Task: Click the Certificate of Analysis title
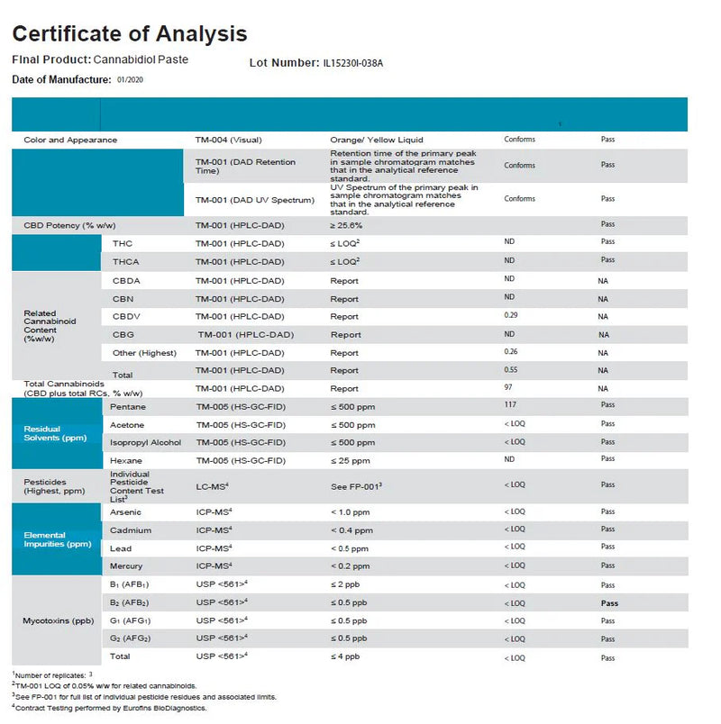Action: click(x=129, y=34)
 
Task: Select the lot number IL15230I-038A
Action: click(x=358, y=64)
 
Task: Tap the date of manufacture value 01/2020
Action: click(x=130, y=80)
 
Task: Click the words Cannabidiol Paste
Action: click(x=141, y=59)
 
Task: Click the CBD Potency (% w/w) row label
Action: click(x=69, y=225)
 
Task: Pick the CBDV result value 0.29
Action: click(x=512, y=316)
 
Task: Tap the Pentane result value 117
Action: click(x=511, y=406)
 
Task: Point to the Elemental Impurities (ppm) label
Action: click(x=57, y=539)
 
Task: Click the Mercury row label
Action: click(x=126, y=566)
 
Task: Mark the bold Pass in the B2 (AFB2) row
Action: click(x=608, y=602)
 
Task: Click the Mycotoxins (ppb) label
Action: click(x=52, y=621)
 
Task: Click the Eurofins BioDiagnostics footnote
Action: click(x=110, y=709)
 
